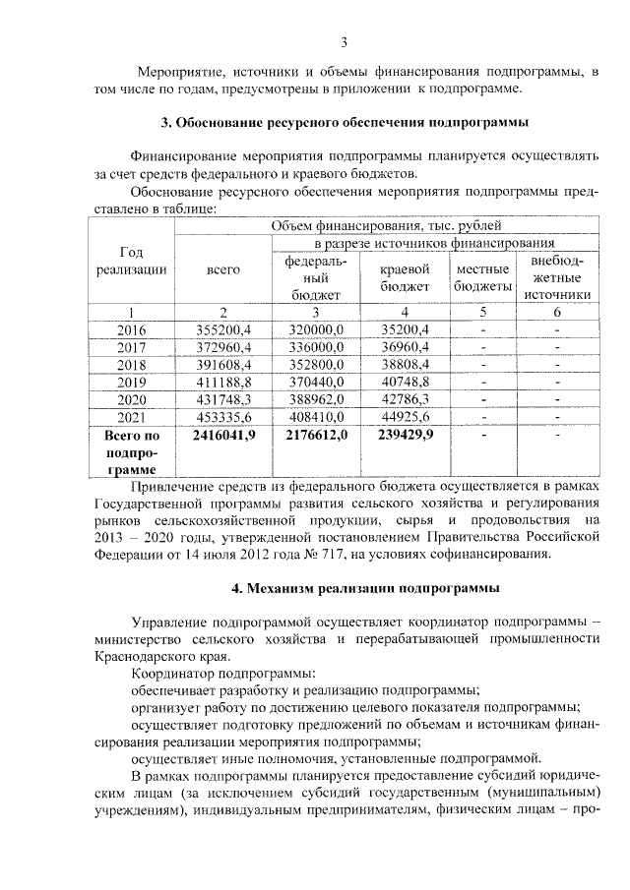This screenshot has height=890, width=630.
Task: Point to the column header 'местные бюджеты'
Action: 483,277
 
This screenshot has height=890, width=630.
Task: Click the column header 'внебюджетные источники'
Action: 557,277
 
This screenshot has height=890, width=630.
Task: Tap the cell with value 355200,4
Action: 224,329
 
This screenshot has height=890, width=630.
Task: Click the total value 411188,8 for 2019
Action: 224,383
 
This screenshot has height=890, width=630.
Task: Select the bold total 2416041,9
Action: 224,436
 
